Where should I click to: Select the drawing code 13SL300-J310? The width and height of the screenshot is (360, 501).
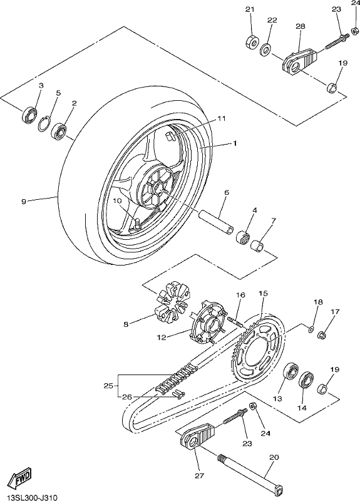pos(29,497)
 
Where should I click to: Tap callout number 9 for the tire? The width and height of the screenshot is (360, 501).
pos(24,201)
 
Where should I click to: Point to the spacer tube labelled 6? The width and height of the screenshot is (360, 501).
pos(216,222)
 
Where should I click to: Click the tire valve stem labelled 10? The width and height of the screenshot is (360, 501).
pos(138,222)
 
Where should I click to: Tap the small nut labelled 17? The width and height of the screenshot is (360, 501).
pos(322,335)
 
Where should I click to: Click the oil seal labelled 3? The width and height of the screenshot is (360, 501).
pos(29,115)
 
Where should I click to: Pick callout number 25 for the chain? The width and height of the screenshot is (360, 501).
pos(108,386)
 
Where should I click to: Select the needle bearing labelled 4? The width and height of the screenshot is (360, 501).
pos(242,237)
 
